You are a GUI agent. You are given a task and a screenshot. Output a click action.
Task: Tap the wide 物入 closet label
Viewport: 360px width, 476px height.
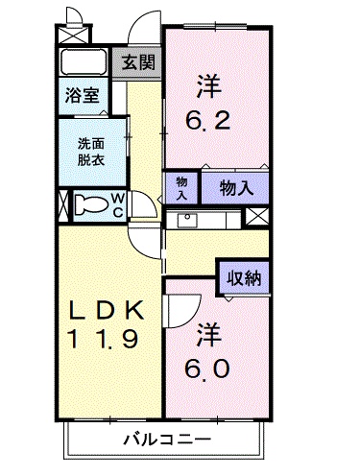point(236,187)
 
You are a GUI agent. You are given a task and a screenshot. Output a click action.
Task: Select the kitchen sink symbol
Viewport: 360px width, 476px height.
point(184,220)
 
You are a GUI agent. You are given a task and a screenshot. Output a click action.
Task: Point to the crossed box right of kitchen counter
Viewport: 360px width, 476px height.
point(255,217)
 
